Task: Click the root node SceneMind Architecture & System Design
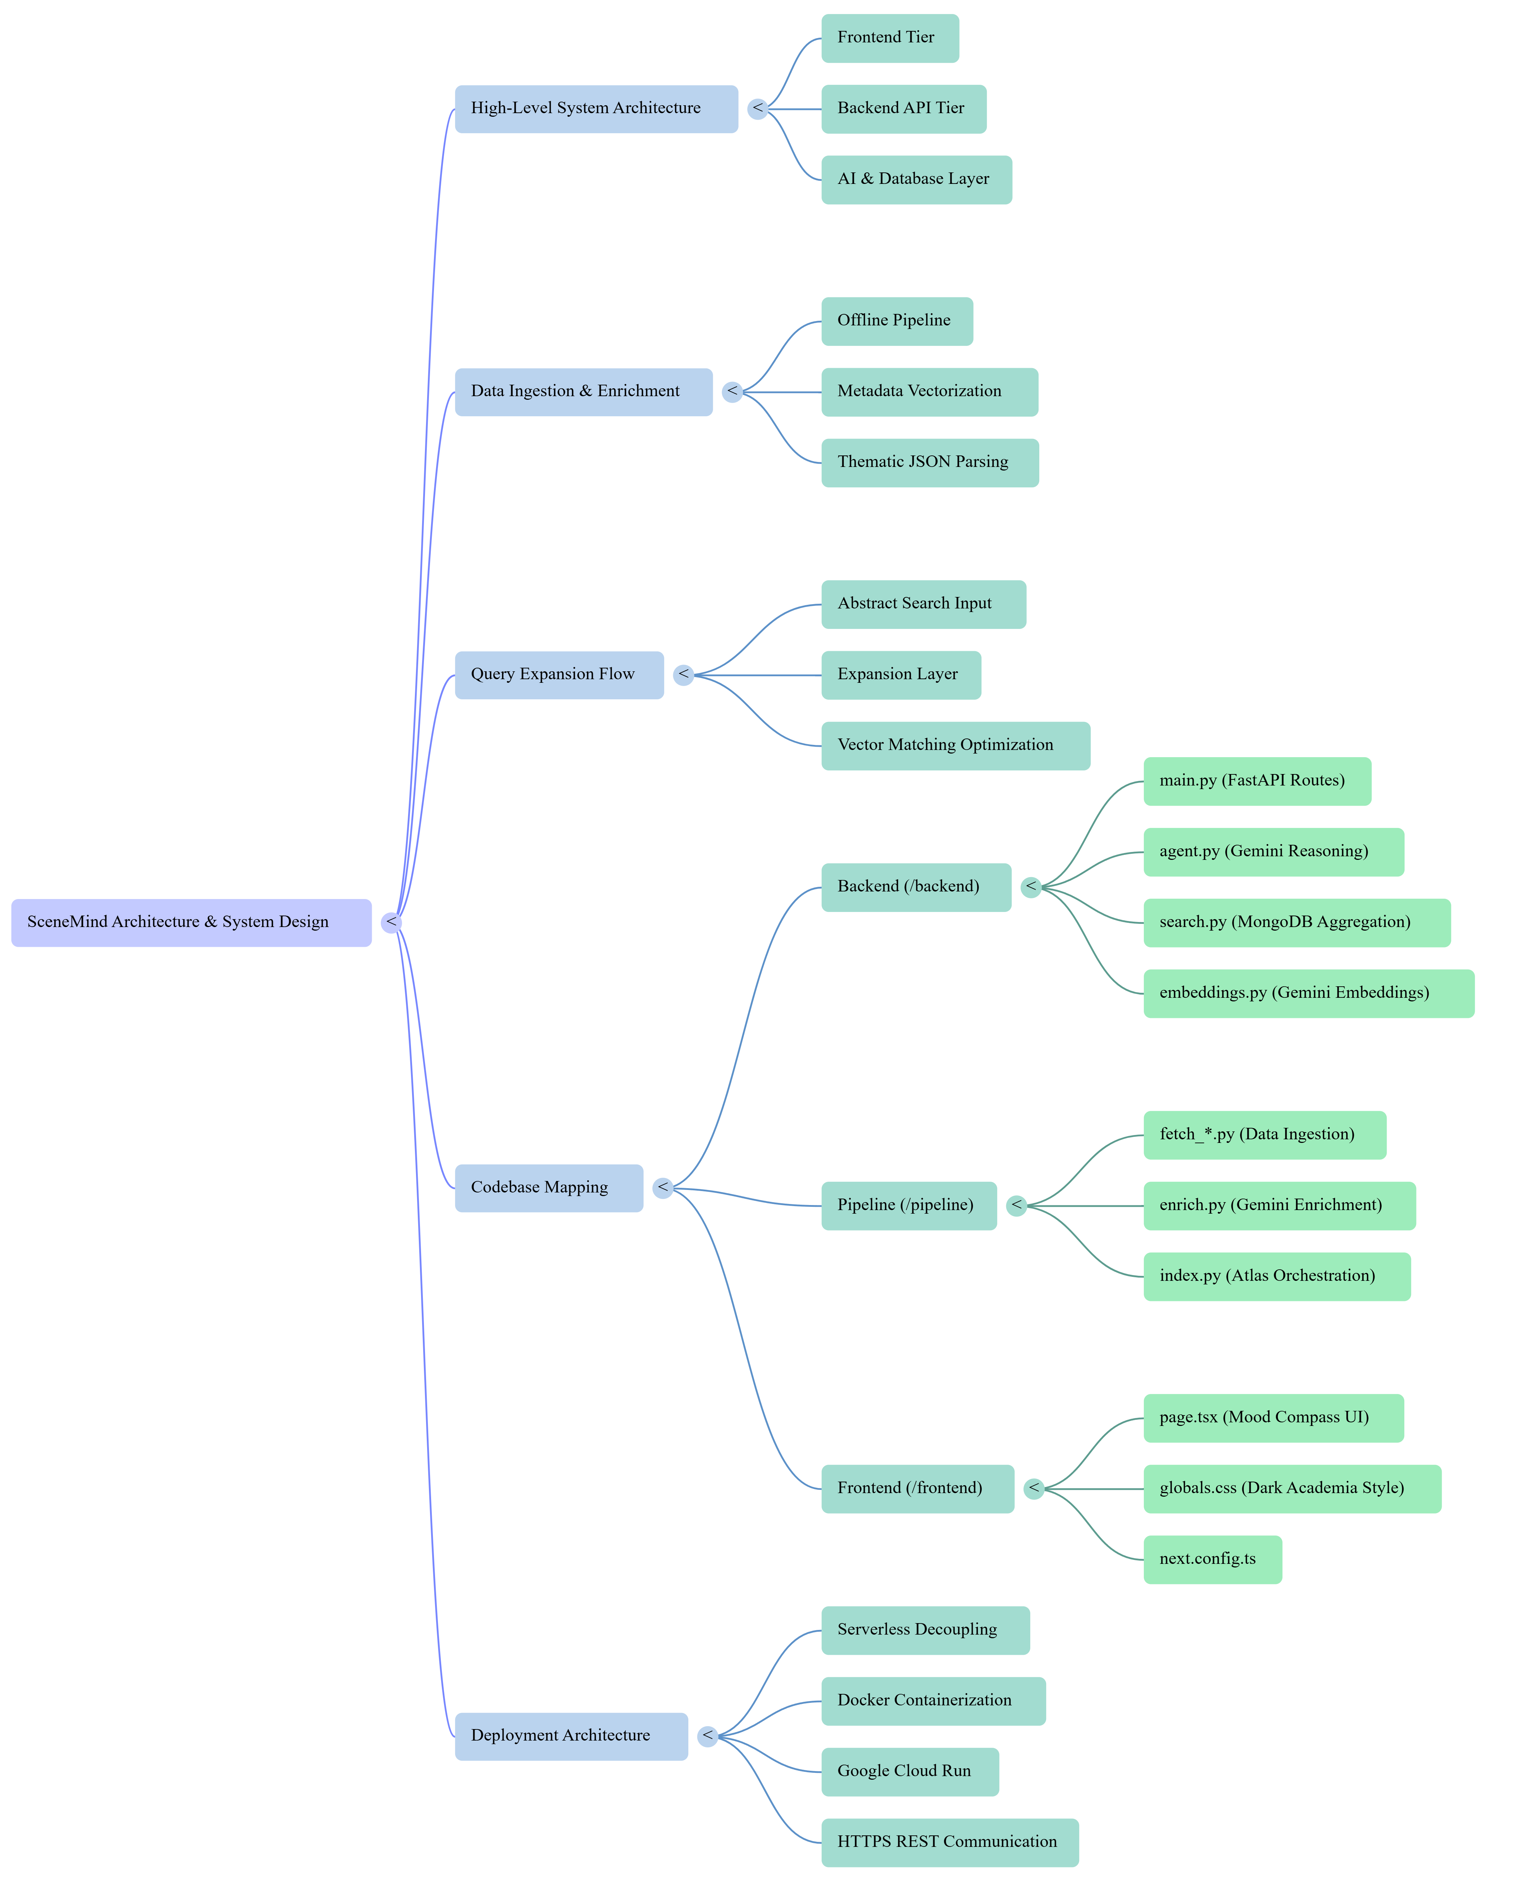point(191,922)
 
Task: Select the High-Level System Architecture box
point(596,109)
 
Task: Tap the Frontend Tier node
point(890,38)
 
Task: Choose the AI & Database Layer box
point(917,180)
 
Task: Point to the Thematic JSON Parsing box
point(930,463)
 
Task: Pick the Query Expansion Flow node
point(559,675)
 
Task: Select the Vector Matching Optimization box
point(955,746)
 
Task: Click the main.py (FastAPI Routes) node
point(1257,782)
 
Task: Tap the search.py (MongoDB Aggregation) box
point(1297,923)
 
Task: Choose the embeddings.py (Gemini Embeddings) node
point(1309,994)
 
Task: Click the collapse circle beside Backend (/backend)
point(1031,887)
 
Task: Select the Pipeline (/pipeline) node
point(909,1206)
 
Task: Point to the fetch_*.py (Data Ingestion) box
point(1265,1135)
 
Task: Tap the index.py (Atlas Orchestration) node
point(1277,1277)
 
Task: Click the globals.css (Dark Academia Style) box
point(1293,1489)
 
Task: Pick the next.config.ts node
point(1213,1560)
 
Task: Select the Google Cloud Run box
point(910,1772)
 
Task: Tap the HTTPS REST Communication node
point(950,1843)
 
